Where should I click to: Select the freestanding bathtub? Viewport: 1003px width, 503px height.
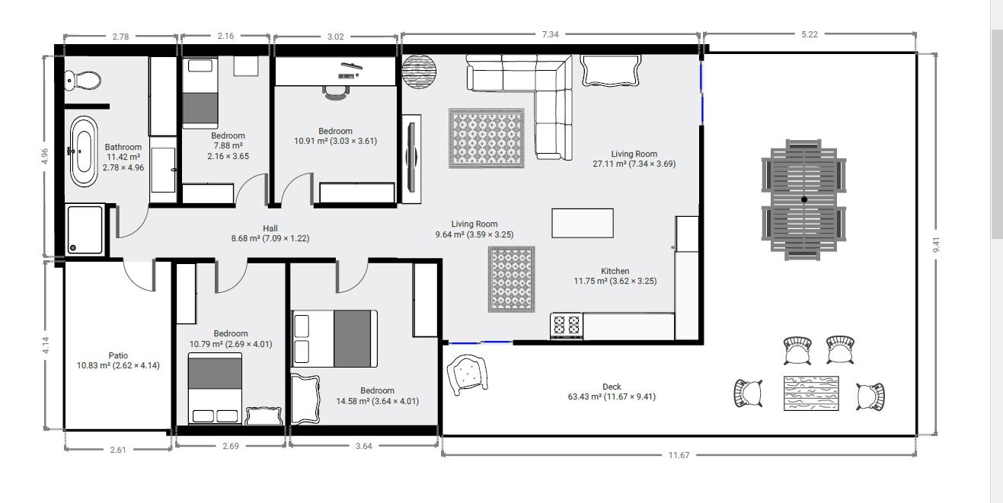[83, 151]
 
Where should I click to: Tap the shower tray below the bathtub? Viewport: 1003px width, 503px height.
[85, 228]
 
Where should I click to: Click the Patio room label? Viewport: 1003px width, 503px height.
[117, 355]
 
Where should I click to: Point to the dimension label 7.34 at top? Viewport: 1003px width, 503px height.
[550, 35]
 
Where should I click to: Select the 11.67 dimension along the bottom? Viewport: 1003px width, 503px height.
[679, 455]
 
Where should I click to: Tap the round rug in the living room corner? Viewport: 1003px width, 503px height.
[420, 72]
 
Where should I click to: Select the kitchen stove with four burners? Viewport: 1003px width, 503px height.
[566, 326]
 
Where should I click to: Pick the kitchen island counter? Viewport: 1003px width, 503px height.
[583, 223]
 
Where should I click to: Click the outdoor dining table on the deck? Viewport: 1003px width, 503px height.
[804, 199]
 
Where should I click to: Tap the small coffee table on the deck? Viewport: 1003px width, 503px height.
[811, 393]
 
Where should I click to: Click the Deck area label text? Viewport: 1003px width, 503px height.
[612, 387]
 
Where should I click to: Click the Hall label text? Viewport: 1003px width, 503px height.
[270, 228]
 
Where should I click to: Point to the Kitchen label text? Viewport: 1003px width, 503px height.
[615, 271]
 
